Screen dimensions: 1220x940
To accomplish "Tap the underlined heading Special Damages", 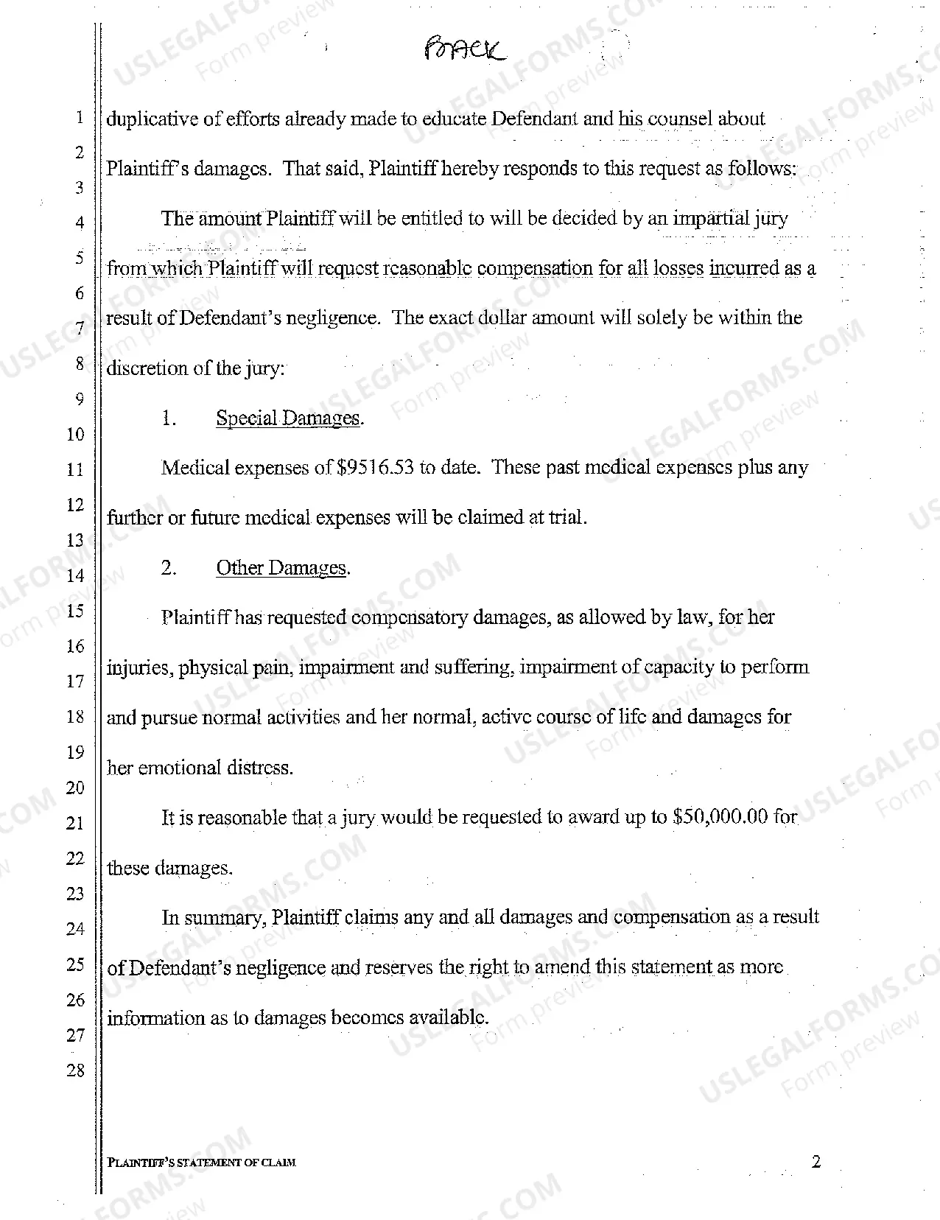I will click(x=288, y=418).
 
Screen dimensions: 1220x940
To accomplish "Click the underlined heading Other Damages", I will click(x=281, y=568).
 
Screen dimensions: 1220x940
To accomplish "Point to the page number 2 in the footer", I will click(x=816, y=1163).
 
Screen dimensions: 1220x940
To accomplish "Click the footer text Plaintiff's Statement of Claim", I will click(x=201, y=1163).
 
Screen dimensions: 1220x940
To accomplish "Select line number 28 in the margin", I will click(x=76, y=1070).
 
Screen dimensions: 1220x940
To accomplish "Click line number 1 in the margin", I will click(x=79, y=118).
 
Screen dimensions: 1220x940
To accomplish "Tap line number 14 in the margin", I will click(x=76, y=575).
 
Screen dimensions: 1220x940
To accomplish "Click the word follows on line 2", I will click(x=760, y=169).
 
